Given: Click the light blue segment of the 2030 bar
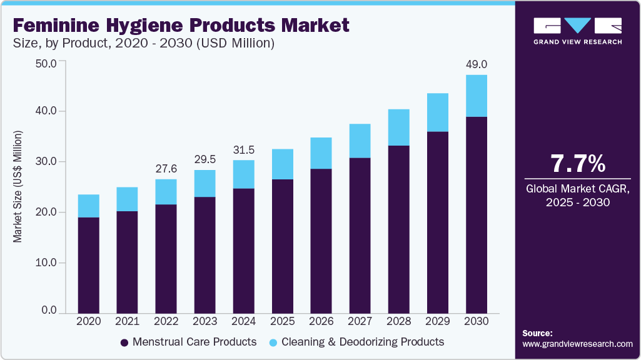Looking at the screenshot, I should coord(477,96).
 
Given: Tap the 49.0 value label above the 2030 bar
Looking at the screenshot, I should coord(477,64).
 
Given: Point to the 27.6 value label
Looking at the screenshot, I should coord(166,169).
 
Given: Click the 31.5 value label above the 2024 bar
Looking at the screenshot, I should coord(243,149).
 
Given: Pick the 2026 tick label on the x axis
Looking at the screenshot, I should coord(321,321).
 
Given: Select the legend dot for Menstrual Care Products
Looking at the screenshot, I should coord(124,342).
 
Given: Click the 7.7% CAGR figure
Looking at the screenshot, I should coord(578,164).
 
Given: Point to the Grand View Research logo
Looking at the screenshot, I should coord(578,31).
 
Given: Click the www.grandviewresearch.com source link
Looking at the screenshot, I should coord(577,344).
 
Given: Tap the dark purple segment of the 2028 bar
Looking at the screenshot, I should coord(399,229).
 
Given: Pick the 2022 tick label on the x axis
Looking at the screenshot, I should coord(166,321).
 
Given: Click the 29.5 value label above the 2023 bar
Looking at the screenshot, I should coord(204,159).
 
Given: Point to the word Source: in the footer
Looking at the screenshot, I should coord(537,333).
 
